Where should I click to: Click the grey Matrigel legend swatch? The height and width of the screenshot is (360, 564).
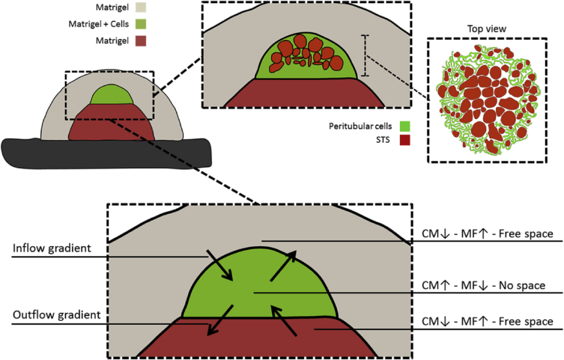pyautogui.click(x=138, y=8)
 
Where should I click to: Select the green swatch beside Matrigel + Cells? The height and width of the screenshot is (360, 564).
pyautogui.click(x=138, y=25)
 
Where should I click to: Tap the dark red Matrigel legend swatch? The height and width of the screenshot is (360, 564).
pyautogui.click(x=138, y=41)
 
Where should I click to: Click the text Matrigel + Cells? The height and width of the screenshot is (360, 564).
pyautogui.click(x=99, y=25)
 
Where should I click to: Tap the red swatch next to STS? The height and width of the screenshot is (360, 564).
pyautogui.click(x=406, y=140)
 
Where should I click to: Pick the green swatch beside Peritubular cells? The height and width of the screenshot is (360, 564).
pyautogui.click(x=406, y=126)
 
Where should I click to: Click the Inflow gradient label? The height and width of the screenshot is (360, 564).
pyautogui.click(x=52, y=249)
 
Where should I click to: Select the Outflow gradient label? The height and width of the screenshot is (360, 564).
pyautogui.click(x=56, y=316)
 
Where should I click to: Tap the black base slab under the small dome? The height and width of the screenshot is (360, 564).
pyautogui.click(x=104, y=154)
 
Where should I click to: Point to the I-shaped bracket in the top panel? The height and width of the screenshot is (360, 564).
pyautogui.click(x=366, y=56)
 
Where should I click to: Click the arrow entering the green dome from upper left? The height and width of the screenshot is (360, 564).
pyautogui.click(x=219, y=264)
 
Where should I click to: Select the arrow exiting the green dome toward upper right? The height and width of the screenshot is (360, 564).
pyautogui.click(x=284, y=265)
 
